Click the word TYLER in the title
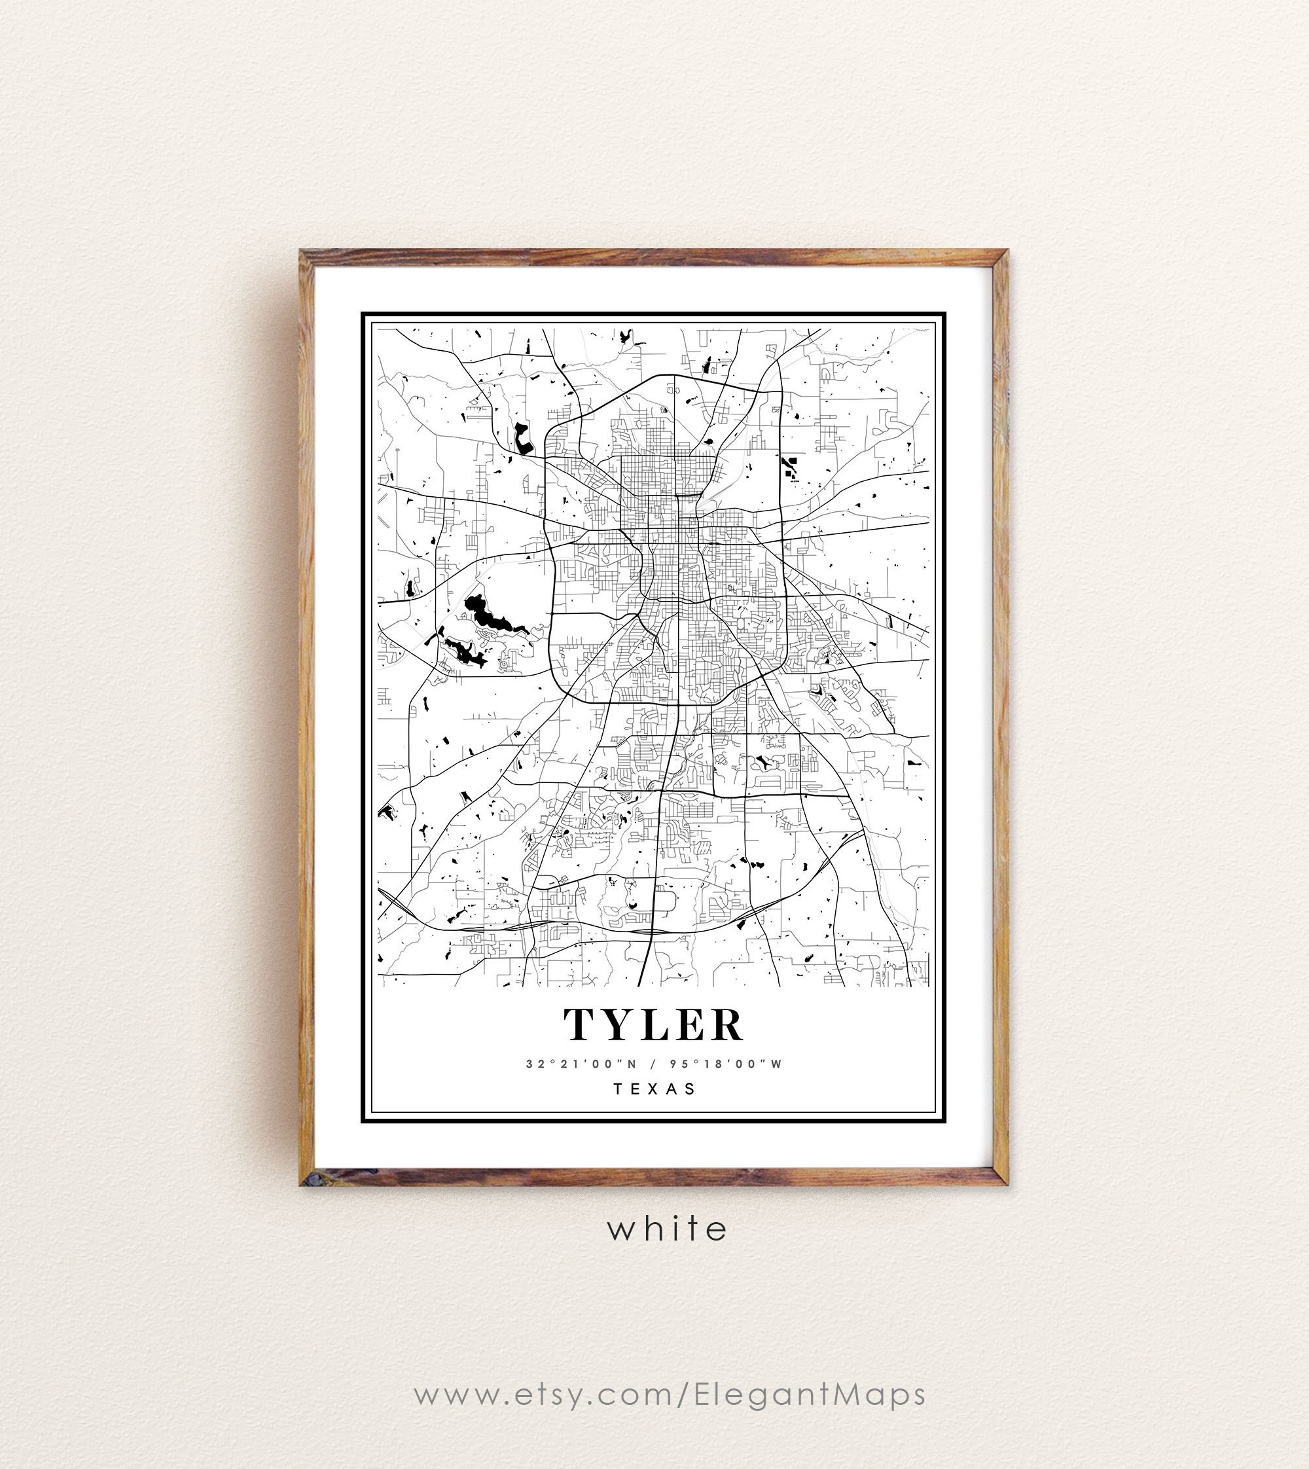point(653,1025)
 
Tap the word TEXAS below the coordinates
point(654,1089)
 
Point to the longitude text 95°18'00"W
point(726,1064)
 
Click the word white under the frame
point(668,1228)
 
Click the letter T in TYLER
point(580,1025)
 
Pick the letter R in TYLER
point(728,1025)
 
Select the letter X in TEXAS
point(654,1089)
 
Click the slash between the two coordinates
point(653,1064)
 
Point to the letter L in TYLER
point(655,1025)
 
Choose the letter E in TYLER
point(691,1025)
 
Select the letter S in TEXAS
point(691,1089)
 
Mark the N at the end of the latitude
point(632,1064)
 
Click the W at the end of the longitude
point(776,1064)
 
